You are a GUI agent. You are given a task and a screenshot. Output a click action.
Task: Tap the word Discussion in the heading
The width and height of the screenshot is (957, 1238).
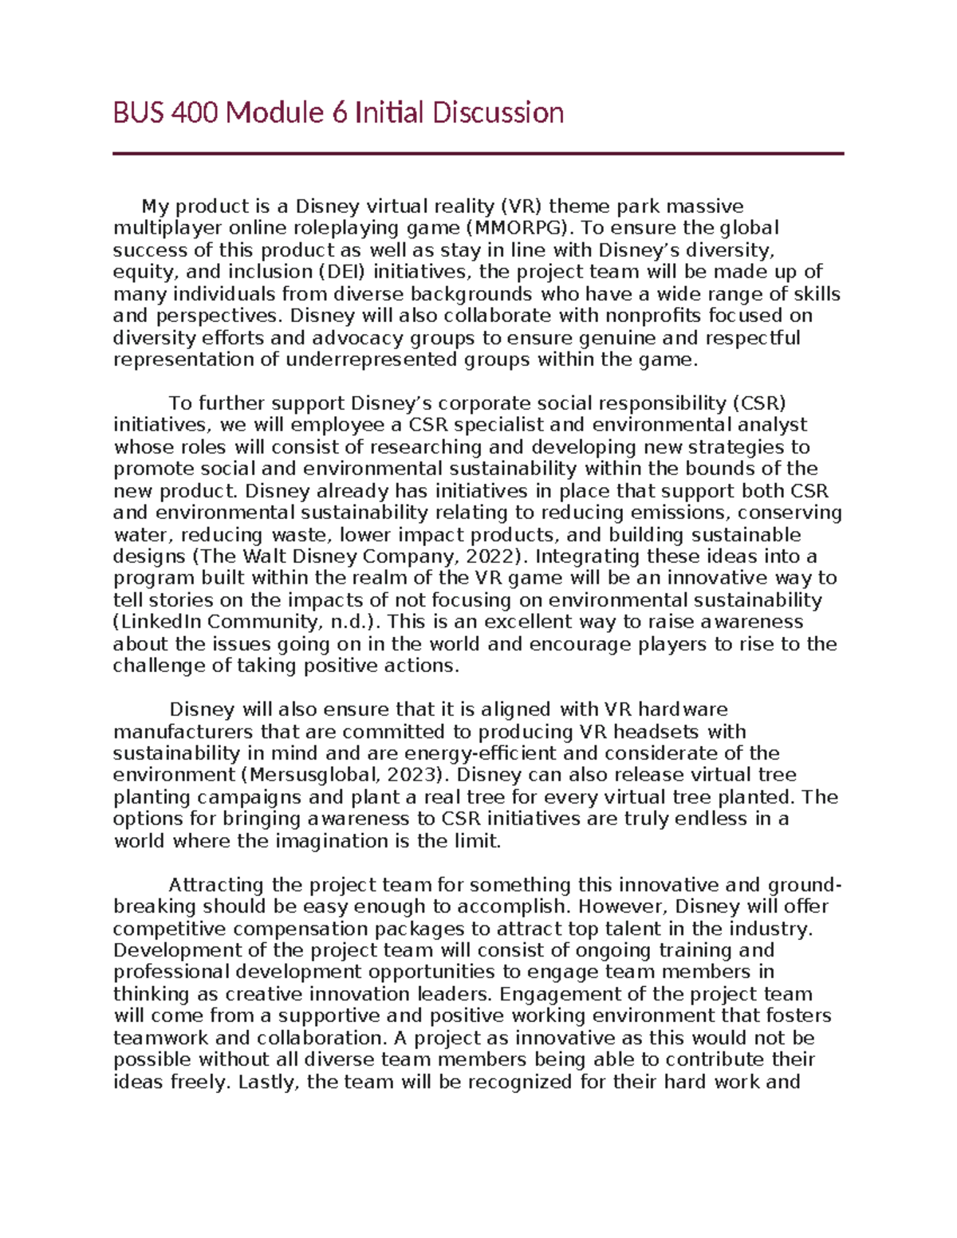(x=498, y=113)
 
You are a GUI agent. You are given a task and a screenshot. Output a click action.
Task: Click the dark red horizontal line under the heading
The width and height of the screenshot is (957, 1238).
(x=478, y=154)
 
